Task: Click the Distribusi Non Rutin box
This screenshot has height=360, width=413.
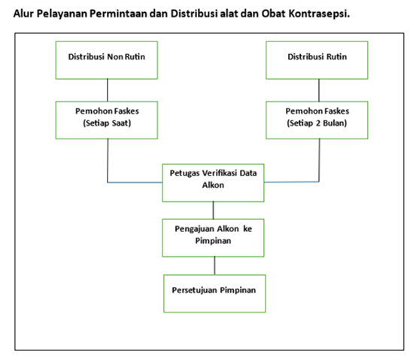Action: (x=107, y=60)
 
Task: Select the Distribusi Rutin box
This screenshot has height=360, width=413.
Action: (x=317, y=60)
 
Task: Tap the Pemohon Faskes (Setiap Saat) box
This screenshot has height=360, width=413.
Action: (x=107, y=120)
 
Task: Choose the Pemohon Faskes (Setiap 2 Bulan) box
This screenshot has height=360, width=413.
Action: (x=317, y=120)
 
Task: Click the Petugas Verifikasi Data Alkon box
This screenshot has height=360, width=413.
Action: (x=213, y=183)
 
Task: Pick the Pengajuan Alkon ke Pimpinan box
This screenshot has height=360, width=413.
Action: (x=213, y=238)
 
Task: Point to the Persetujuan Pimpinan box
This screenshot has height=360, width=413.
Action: (x=214, y=294)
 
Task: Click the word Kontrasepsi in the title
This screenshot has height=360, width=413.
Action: (x=319, y=14)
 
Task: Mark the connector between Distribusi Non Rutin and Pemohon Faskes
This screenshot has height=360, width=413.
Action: (x=108, y=90)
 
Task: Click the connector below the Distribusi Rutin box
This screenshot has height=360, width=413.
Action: (x=319, y=90)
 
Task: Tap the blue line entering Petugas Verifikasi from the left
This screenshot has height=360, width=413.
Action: (x=135, y=182)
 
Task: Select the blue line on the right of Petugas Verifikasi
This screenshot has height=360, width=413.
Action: (x=292, y=182)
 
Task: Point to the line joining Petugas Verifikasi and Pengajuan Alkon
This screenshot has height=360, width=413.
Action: (x=214, y=210)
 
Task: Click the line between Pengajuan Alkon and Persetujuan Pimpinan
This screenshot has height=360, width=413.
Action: (x=214, y=266)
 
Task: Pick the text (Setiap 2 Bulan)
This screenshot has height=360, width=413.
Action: (x=317, y=124)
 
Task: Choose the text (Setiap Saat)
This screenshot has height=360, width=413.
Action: (x=107, y=124)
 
